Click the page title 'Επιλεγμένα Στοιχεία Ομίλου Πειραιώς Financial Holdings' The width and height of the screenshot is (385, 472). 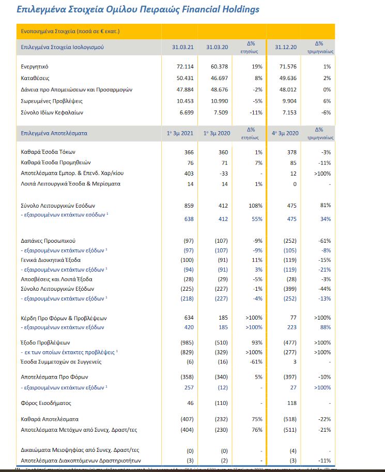pos(138,9)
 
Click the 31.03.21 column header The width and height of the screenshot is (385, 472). pos(182,47)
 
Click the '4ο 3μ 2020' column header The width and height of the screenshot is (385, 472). pos(285,133)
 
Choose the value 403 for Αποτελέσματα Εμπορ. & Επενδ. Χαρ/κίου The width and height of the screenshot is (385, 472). pos(188,174)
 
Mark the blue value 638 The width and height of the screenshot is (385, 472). pos(188,218)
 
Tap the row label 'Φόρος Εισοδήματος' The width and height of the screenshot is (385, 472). pos(45,402)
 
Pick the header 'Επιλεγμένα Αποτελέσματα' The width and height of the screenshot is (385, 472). pos(54,133)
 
